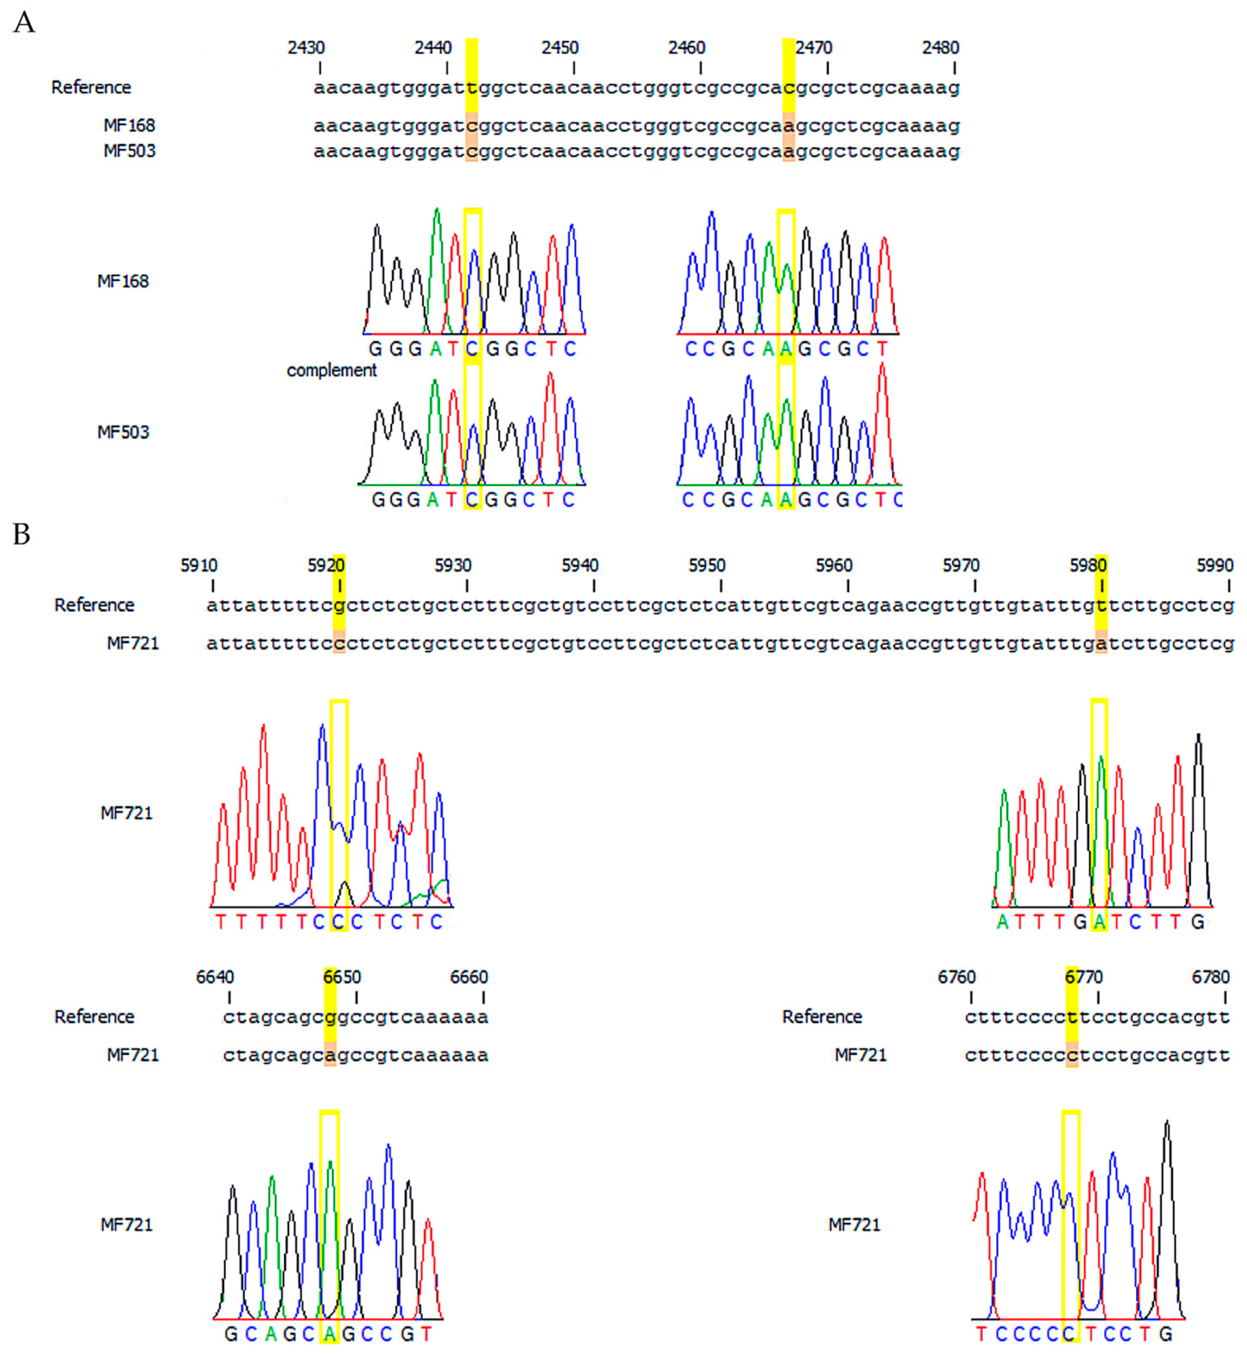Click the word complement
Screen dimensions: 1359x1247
tap(331, 370)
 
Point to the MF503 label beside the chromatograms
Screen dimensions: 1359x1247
tap(123, 432)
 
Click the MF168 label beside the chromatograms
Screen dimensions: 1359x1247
tap(123, 281)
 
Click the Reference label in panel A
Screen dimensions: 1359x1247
tap(91, 87)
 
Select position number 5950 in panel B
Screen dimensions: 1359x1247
tap(706, 565)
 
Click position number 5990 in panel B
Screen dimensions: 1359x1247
tap(1214, 565)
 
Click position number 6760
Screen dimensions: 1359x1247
tap(956, 977)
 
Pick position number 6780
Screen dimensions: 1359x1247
tap(1211, 977)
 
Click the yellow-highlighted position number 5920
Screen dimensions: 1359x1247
tap(327, 565)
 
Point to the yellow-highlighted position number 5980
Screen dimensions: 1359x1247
tap(1088, 565)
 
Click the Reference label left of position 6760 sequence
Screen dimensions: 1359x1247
tap(822, 1017)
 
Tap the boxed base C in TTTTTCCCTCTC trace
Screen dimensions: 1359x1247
tap(338, 922)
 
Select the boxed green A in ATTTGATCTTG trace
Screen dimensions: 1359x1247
tap(1099, 922)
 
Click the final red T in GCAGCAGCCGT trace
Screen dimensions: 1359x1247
tap(426, 1334)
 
